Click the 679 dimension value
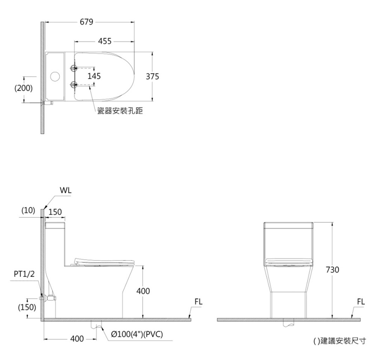point(86,22)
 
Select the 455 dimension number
point(105,41)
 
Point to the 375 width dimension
point(153,76)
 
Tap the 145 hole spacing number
point(94,76)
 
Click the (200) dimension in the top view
point(23,88)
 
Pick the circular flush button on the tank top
point(55,76)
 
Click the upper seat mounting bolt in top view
point(74,68)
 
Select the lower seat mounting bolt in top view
point(74,84)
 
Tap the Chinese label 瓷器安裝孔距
point(120,111)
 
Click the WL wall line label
point(65,190)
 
